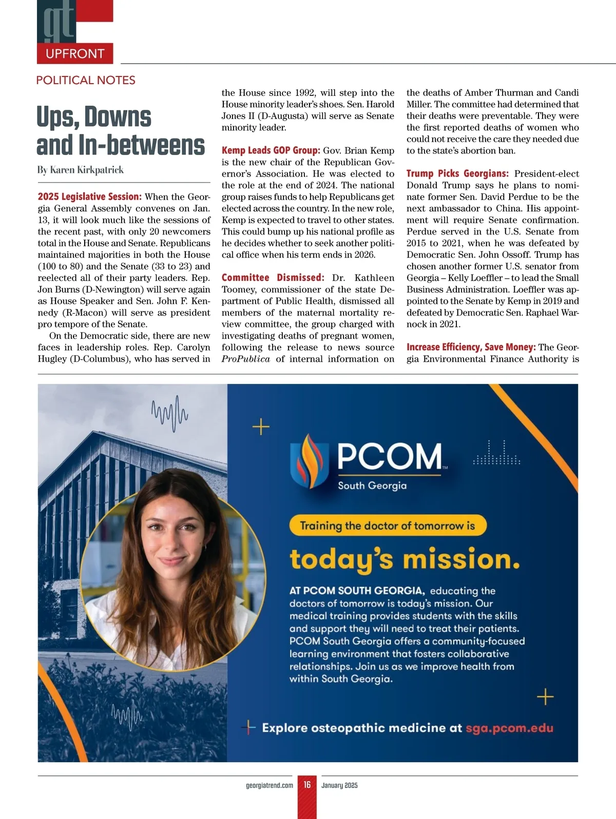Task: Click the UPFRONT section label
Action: point(75,53)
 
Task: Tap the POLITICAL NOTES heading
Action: point(86,80)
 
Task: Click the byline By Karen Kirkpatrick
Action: point(81,170)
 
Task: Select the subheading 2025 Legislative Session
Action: point(89,197)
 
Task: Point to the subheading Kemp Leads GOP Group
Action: point(271,150)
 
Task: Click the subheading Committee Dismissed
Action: point(273,278)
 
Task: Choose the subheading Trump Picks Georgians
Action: point(457,173)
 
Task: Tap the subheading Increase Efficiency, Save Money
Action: point(471,347)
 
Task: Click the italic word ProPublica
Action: point(245,359)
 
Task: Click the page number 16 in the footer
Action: point(307,785)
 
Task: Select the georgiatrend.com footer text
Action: point(269,785)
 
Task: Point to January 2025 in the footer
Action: point(339,785)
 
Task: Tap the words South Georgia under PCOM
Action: point(372,485)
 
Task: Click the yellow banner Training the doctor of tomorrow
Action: point(387,525)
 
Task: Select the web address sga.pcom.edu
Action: point(509,728)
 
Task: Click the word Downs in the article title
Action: point(118,117)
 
